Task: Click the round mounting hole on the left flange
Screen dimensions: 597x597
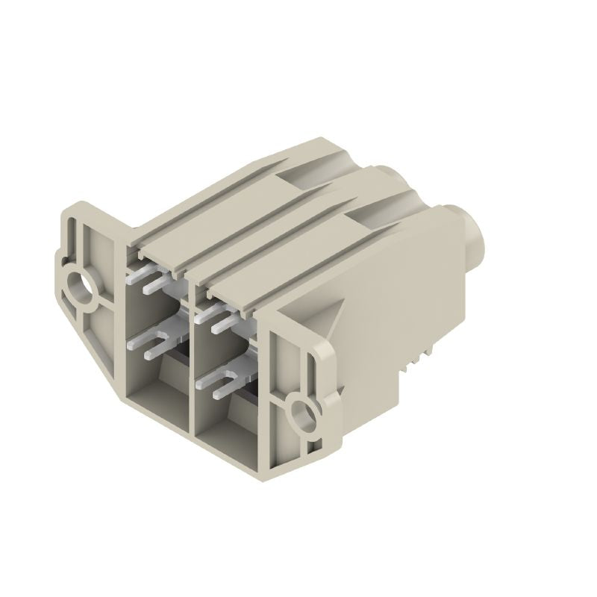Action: pyautogui.click(x=78, y=286)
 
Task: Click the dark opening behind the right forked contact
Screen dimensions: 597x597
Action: pyautogui.click(x=250, y=399)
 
